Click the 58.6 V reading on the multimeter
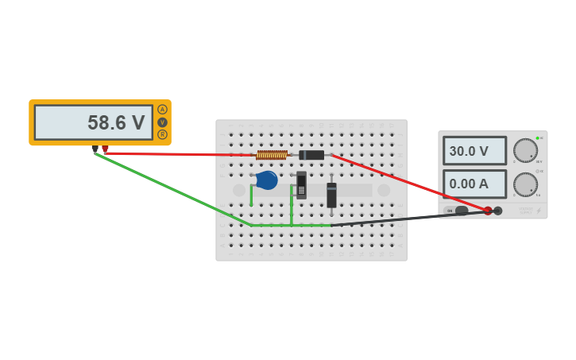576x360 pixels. [116, 123]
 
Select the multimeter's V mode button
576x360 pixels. [162, 122]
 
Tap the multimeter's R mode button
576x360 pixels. [162, 134]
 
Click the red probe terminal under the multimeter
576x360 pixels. [105, 149]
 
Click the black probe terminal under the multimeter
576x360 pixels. [95, 149]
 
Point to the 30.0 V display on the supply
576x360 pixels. [474, 151]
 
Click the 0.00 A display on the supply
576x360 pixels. [474, 184]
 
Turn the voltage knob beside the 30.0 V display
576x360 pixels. [525, 150]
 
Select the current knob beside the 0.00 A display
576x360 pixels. [525, 184]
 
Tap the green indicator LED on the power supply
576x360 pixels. [538, 138]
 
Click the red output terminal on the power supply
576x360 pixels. [488, 211]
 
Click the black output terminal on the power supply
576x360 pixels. [498, 211]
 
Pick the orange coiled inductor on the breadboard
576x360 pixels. [272, 155]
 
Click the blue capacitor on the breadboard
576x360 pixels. [267, 180]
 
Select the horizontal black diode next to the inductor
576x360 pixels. [311, 155]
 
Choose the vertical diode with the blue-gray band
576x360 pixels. [331, 194]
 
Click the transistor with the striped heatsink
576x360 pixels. [301, 185]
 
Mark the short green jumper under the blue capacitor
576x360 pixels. [252, 195]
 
